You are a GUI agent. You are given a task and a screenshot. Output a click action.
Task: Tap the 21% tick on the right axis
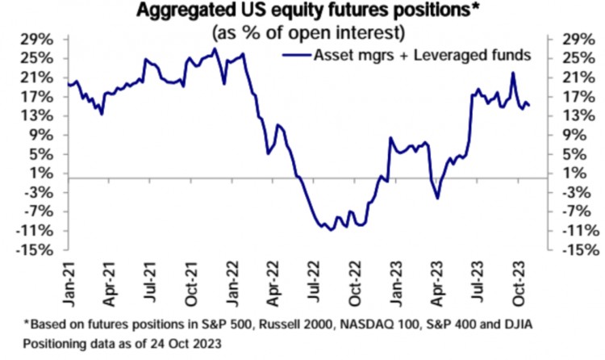pos(566,77)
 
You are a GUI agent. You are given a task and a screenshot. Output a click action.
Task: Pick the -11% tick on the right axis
pos(569,231)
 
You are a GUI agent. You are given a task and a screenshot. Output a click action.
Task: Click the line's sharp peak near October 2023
pos(513,73)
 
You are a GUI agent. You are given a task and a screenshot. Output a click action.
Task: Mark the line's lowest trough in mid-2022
pos(329,230)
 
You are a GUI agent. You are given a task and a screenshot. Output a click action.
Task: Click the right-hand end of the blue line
pos(529,106)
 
